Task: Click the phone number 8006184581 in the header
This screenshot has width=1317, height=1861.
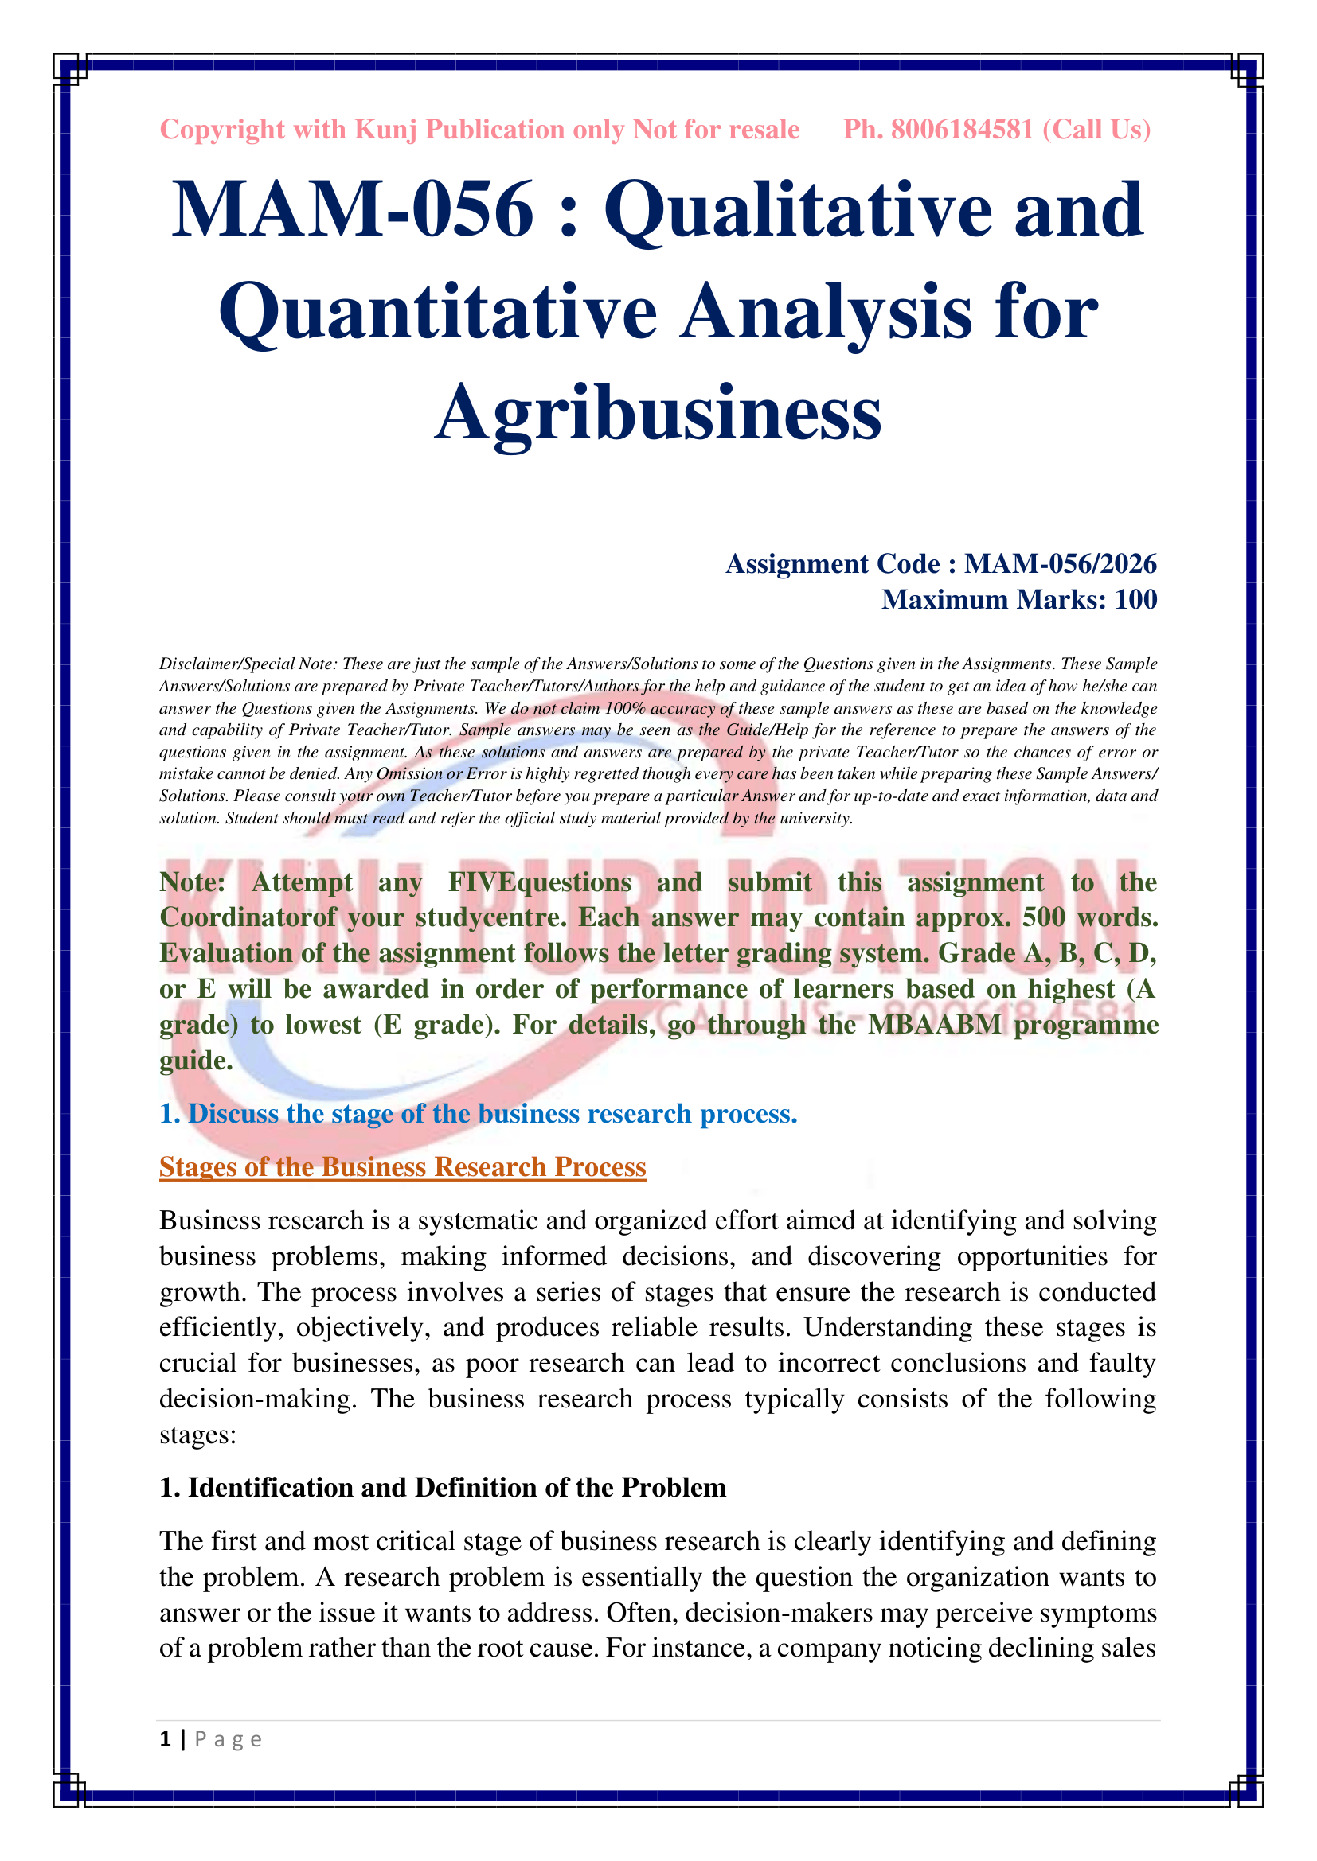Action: click(x=962, y=130)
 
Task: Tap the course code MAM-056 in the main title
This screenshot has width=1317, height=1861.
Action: click(x=353, y=210)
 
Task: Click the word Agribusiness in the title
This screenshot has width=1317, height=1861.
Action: click(x=658, y=413)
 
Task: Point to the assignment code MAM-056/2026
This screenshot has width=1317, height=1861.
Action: click(x=1060, y=563)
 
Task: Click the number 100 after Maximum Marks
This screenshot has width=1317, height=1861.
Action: click(x=1135, y=599)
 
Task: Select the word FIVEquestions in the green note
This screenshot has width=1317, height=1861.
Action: click(x=539, y=882)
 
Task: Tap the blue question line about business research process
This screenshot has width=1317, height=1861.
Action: click(x=479, y=1114)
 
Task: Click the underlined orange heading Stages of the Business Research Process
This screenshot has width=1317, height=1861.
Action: click(x=402, y=1166)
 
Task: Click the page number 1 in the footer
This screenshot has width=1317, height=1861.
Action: click(x=166, y=1738)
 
